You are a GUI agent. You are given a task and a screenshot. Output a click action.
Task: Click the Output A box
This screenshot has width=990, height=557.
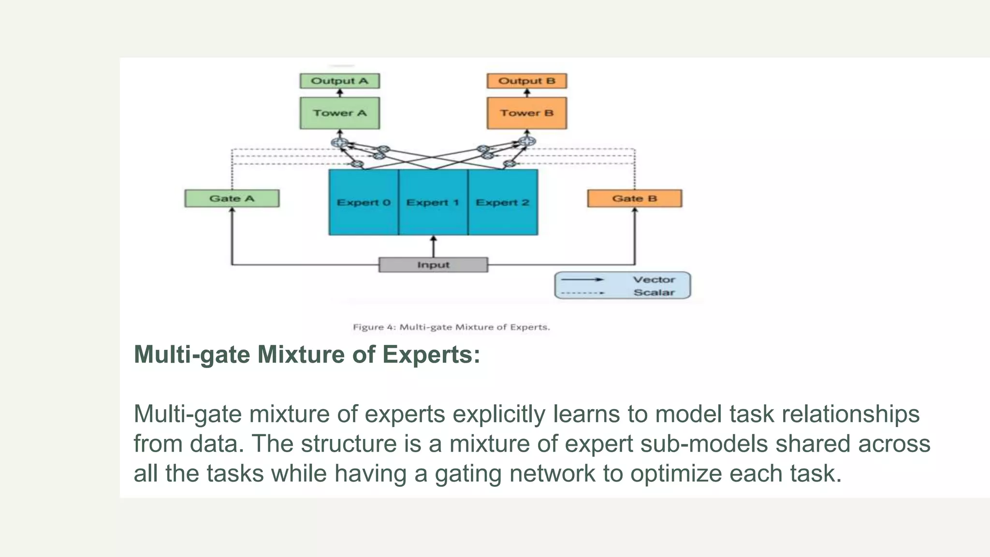point(339,81)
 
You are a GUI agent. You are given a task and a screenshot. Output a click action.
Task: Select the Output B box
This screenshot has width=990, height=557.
point(526,81)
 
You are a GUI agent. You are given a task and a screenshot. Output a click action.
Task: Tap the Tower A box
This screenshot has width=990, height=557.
point(339,113)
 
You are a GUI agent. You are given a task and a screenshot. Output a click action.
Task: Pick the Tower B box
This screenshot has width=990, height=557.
point(526,113)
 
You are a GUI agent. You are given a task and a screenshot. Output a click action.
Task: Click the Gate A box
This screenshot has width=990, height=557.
point(232,198)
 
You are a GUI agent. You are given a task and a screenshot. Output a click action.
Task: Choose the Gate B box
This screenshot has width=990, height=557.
point(634,198)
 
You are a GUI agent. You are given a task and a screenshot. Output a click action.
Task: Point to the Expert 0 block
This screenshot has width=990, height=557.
point(364,202)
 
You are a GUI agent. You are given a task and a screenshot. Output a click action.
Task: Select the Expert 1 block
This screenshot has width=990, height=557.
point(433,202)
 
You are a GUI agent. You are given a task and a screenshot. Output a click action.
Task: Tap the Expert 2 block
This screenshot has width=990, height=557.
point(503,202)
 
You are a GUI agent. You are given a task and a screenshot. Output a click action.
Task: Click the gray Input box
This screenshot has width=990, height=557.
point(433,265)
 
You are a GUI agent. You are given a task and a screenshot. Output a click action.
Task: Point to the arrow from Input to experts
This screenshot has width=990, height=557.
point(433,247)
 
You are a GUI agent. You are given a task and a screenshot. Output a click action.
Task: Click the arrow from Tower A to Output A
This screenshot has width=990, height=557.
point(340,93)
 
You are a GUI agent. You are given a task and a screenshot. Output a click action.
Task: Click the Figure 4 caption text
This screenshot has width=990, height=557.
point(451,327)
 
